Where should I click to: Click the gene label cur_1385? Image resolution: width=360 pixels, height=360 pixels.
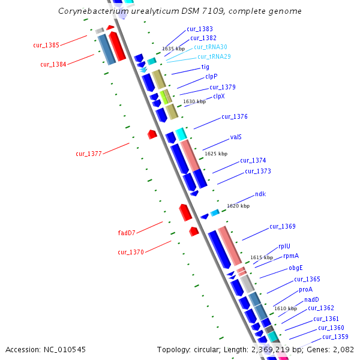tap(46, 45)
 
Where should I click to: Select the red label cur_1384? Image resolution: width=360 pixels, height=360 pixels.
tap(53, 64)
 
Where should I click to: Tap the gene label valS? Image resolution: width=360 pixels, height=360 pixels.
tap(236, 137)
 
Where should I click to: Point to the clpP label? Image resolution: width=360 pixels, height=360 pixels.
tap(211, 76)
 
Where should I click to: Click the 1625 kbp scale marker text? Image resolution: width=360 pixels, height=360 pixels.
tap(216, 154)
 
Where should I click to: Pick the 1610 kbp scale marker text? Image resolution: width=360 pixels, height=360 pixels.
tap(286, 308)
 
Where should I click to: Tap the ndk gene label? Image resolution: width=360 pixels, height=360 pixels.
tap(260, 194)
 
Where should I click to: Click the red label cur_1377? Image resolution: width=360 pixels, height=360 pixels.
tap(88, 154)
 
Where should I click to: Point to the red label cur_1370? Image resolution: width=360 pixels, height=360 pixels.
tap(131, 252)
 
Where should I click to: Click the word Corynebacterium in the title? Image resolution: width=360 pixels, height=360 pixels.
tap(93, 11)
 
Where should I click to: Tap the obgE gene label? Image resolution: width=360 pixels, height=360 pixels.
tap(296, 268)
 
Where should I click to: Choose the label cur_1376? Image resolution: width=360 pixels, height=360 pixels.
tap(234, 116)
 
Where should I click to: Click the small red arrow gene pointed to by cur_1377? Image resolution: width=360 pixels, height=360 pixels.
tap(152, 134)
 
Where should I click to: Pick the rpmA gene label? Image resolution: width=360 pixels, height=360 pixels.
tap(291, 256)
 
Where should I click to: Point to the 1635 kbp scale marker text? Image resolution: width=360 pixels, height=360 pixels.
tap(173, 49)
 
